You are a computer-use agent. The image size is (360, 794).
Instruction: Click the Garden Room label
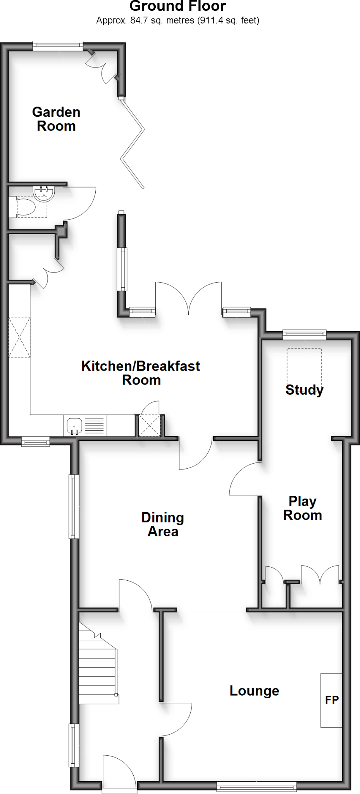coord(56,119)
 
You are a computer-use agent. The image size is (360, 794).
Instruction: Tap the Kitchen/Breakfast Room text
coord(141,373)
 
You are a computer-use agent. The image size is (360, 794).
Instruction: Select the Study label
coord(304,390)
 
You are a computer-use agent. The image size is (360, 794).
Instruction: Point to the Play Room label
coord(302,508)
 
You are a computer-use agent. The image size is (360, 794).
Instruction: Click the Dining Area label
coord(162,524)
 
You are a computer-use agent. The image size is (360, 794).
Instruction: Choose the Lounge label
coord(254,690)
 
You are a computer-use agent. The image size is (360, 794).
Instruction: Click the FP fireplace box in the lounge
coord(331,700)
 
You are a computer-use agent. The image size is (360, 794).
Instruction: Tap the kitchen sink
coord(74,426)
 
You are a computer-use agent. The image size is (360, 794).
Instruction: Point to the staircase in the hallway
coord(98,664)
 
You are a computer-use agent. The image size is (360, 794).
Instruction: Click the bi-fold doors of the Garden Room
coord(134,143)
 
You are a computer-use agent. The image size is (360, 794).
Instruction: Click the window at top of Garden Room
coord(58,46)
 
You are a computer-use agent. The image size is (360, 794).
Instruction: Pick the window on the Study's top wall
coord(304,334)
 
